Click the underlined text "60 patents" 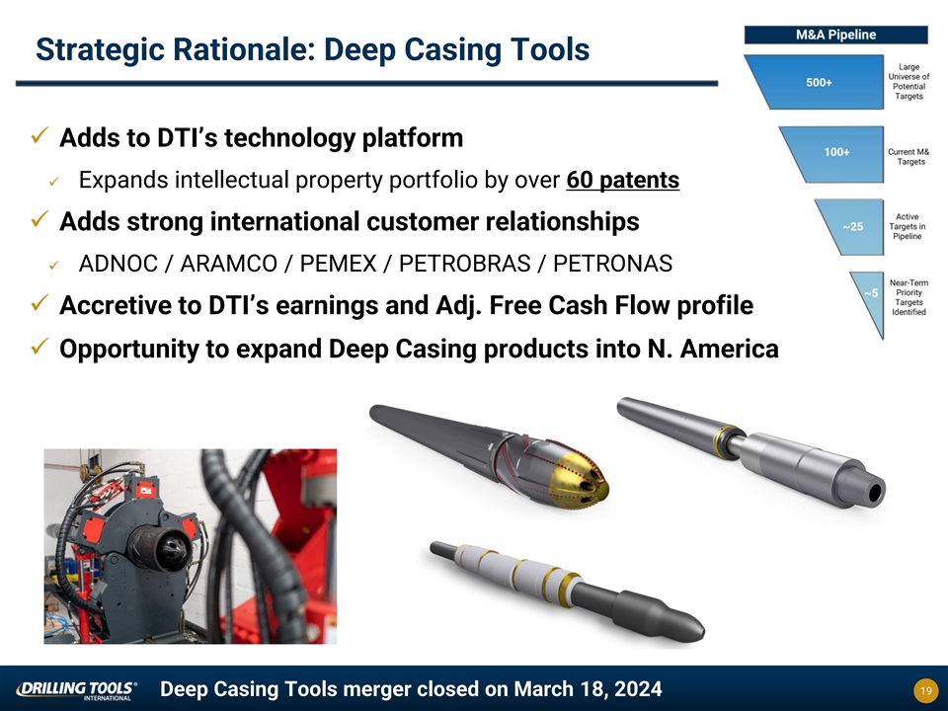(x=623, y=180)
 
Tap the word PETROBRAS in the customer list (x=464, y=264)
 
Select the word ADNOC (x=118, y=264)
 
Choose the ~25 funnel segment (x=851, y=227)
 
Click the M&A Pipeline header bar (x=835, y=35)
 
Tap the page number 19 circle (x=925, y=690)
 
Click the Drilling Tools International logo (x=76, y=690)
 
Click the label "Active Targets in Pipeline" (x=907, y=227)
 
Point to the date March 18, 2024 (x=588, y=689)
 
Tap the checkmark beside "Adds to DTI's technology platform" (x=39, y=136)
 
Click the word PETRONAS (x=612, y=264)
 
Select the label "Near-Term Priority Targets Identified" (x=908, y=297)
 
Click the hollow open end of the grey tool (x=874, y=494)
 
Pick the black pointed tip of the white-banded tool (x=695, y=630)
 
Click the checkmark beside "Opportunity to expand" (x=39, y=347)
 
